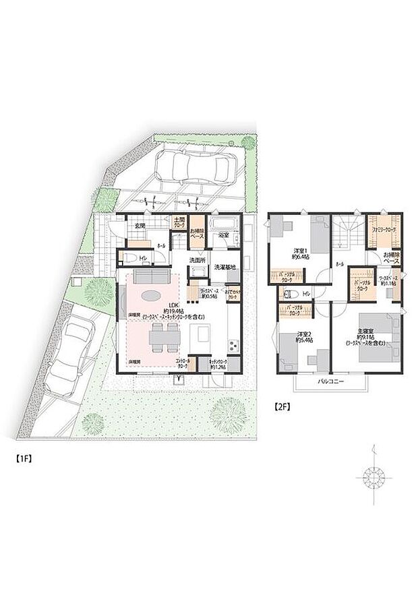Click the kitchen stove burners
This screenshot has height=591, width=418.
point(233,346)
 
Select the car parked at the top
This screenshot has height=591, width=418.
point(193,166)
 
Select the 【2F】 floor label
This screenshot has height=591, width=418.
point(282,406)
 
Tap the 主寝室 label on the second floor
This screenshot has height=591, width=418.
point(366,330)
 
